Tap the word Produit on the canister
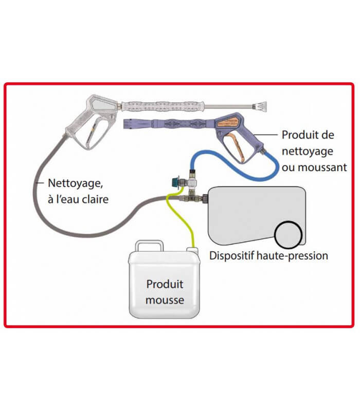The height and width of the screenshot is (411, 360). [165, 284]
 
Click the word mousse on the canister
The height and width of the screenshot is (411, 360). [165, 300]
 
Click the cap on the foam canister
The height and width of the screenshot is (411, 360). [192, 250]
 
